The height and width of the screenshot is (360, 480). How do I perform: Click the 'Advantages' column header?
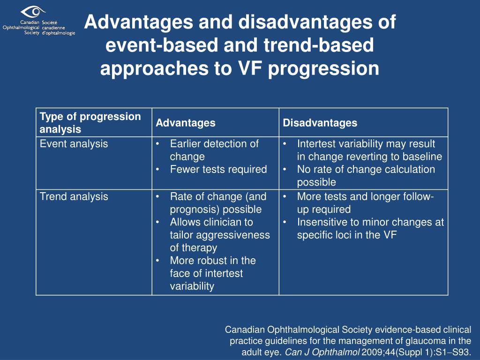(x=185, y=123)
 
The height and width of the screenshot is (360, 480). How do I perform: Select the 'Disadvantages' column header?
(x=320, y=123)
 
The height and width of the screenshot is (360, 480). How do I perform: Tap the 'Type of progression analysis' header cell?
(x=90, y=123)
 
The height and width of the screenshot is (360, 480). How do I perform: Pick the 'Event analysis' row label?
(x=74, y=144)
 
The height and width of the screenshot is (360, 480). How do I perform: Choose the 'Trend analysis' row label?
(x=74, y=197)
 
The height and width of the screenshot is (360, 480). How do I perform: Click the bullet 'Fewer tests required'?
(x=218, y=170)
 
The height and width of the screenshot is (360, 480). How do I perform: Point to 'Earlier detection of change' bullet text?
(x=214, y=144)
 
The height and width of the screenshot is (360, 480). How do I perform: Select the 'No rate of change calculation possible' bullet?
(x=366, y=170)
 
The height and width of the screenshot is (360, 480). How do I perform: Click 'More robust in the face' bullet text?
(x=212, y=261)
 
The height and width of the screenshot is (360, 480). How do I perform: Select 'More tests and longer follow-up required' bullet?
(x=365, y=197)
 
